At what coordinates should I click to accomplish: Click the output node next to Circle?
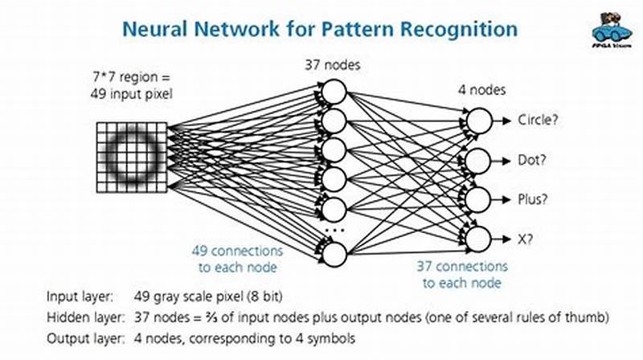479,121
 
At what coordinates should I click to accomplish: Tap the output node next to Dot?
479,160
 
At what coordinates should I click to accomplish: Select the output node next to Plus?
479,198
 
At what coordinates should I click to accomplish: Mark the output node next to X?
479,237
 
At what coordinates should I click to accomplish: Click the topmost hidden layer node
334,93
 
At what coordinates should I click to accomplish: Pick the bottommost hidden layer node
334,254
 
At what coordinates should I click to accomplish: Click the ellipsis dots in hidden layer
334,232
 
